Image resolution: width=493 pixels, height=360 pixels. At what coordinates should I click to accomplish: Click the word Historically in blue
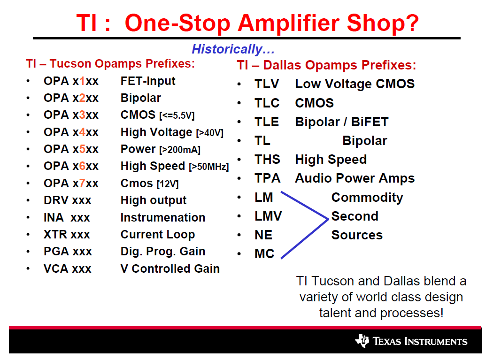pyautogui.click(x=227, y=49)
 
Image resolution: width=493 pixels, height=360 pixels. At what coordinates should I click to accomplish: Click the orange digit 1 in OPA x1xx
pyautogui.click(x=82, y=81)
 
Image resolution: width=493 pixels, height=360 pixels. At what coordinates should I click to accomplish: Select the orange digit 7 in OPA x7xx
pyautogui.click(x=82, y=183)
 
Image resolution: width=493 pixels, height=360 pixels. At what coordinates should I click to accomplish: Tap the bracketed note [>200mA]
pyautogui.click(x=180, y=150)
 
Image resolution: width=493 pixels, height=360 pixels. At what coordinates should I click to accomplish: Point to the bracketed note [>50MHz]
pyautogui.click(x=209, y=167)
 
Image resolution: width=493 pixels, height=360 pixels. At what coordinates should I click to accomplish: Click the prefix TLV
pyautogui.click(x=267, y=84)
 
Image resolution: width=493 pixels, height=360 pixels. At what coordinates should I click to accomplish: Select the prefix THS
pyautogui.click(x=267, y=160)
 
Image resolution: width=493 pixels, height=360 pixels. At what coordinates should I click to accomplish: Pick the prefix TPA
pyautogui.click(x=267, y=178)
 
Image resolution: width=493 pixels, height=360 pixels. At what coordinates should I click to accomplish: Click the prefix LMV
pyautogui.click(x=268, y=216)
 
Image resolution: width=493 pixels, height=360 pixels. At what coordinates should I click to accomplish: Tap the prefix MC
pyautogui.click(x=264, y=254)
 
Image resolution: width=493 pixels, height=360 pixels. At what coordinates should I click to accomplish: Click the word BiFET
pyautogui.click(x=370, y=122)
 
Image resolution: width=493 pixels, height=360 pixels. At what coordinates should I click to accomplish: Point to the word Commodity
pyautogui.click(x=367, y=198)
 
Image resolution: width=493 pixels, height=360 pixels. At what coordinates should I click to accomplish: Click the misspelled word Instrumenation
pyautogui.click(x=163, y=218)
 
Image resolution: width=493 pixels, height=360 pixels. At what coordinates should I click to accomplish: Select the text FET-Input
pyautogui.click(x=148, y=81)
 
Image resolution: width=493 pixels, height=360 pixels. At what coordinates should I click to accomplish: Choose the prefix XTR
pyautogui.click(x=55, y=235)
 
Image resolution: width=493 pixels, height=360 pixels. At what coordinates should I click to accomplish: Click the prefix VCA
pyautogui.click(x=56, y=269)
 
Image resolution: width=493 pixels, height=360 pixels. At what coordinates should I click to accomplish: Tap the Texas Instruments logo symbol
pyautogui.click(x=362, y=340)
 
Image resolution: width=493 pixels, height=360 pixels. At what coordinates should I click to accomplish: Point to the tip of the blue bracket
pyautogui.click(x=328, y=219)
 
